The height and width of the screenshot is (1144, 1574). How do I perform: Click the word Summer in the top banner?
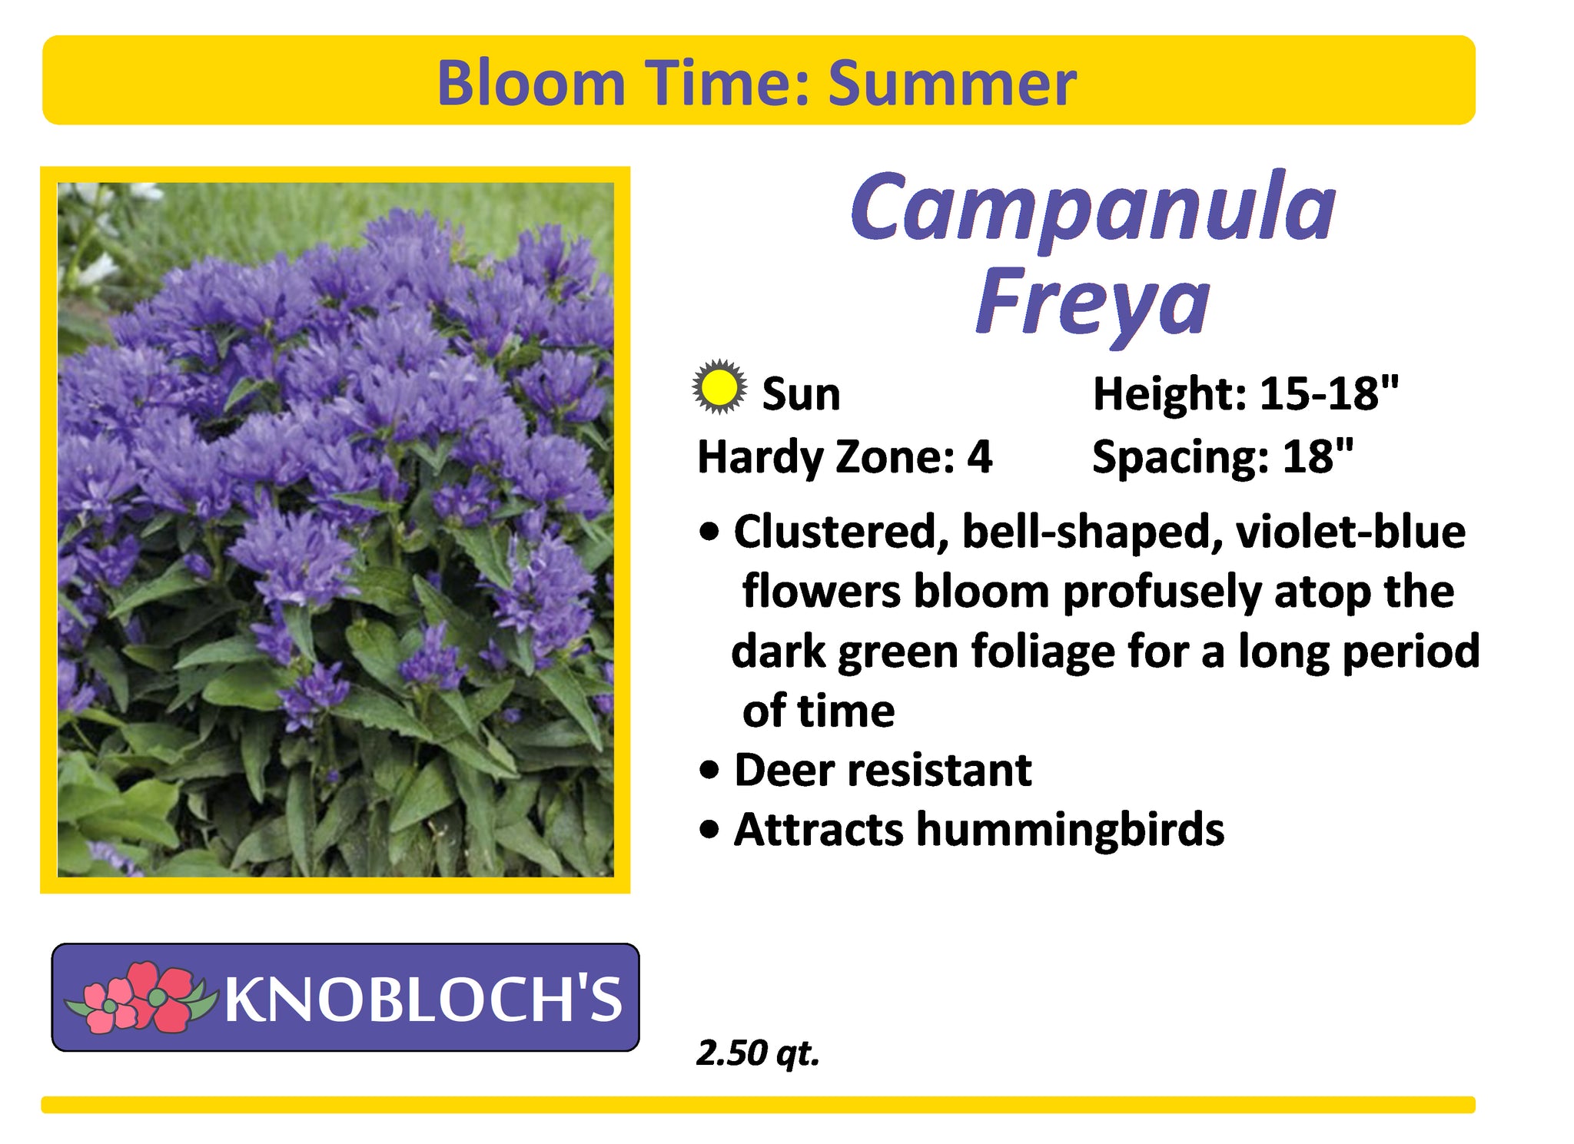[952, 83]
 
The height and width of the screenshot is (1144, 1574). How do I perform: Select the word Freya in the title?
[1092, 304]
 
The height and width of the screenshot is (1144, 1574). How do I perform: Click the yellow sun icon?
[719, 387]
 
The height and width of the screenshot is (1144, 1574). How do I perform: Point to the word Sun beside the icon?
[801, 394]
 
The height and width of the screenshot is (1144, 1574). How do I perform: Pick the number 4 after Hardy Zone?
[979, 457]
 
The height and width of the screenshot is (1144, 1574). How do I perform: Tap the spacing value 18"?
[1317, 456]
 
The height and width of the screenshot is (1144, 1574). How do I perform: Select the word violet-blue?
[1350, 532]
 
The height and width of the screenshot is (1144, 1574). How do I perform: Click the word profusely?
[1162, 593]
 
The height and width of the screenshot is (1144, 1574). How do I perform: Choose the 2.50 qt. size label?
[758, 1053]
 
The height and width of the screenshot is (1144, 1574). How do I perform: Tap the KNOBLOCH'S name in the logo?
[423, 999]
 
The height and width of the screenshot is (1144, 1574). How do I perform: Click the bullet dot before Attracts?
[711, 830]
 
